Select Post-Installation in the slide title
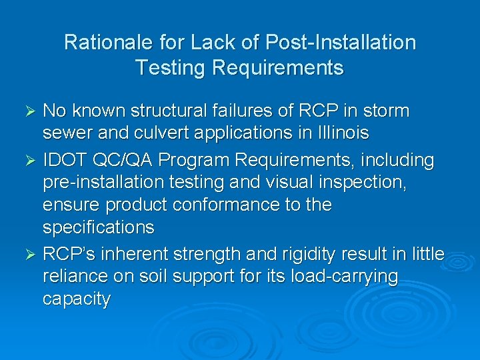click(x=340, y=43)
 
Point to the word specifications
click(x=99, y=227)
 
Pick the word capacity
click(x=76, y=299)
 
